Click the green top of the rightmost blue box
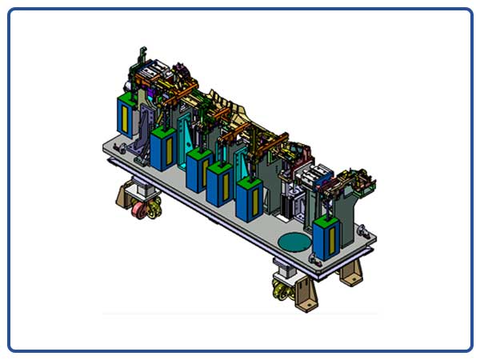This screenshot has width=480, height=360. click(324, 222)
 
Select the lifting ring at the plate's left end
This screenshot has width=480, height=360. click(117, 148)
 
